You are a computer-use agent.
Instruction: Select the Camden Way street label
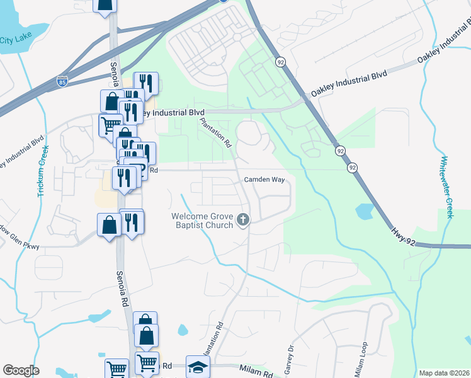[x=265, y=180]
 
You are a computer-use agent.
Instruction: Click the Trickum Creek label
[x=42, y=171]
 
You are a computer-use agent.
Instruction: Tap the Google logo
[x=21, y=370]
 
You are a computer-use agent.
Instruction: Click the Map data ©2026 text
[x=445, y=373]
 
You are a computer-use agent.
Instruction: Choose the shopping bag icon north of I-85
[x=105, y=4]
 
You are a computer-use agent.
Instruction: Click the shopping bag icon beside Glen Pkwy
[x=109, y=224]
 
